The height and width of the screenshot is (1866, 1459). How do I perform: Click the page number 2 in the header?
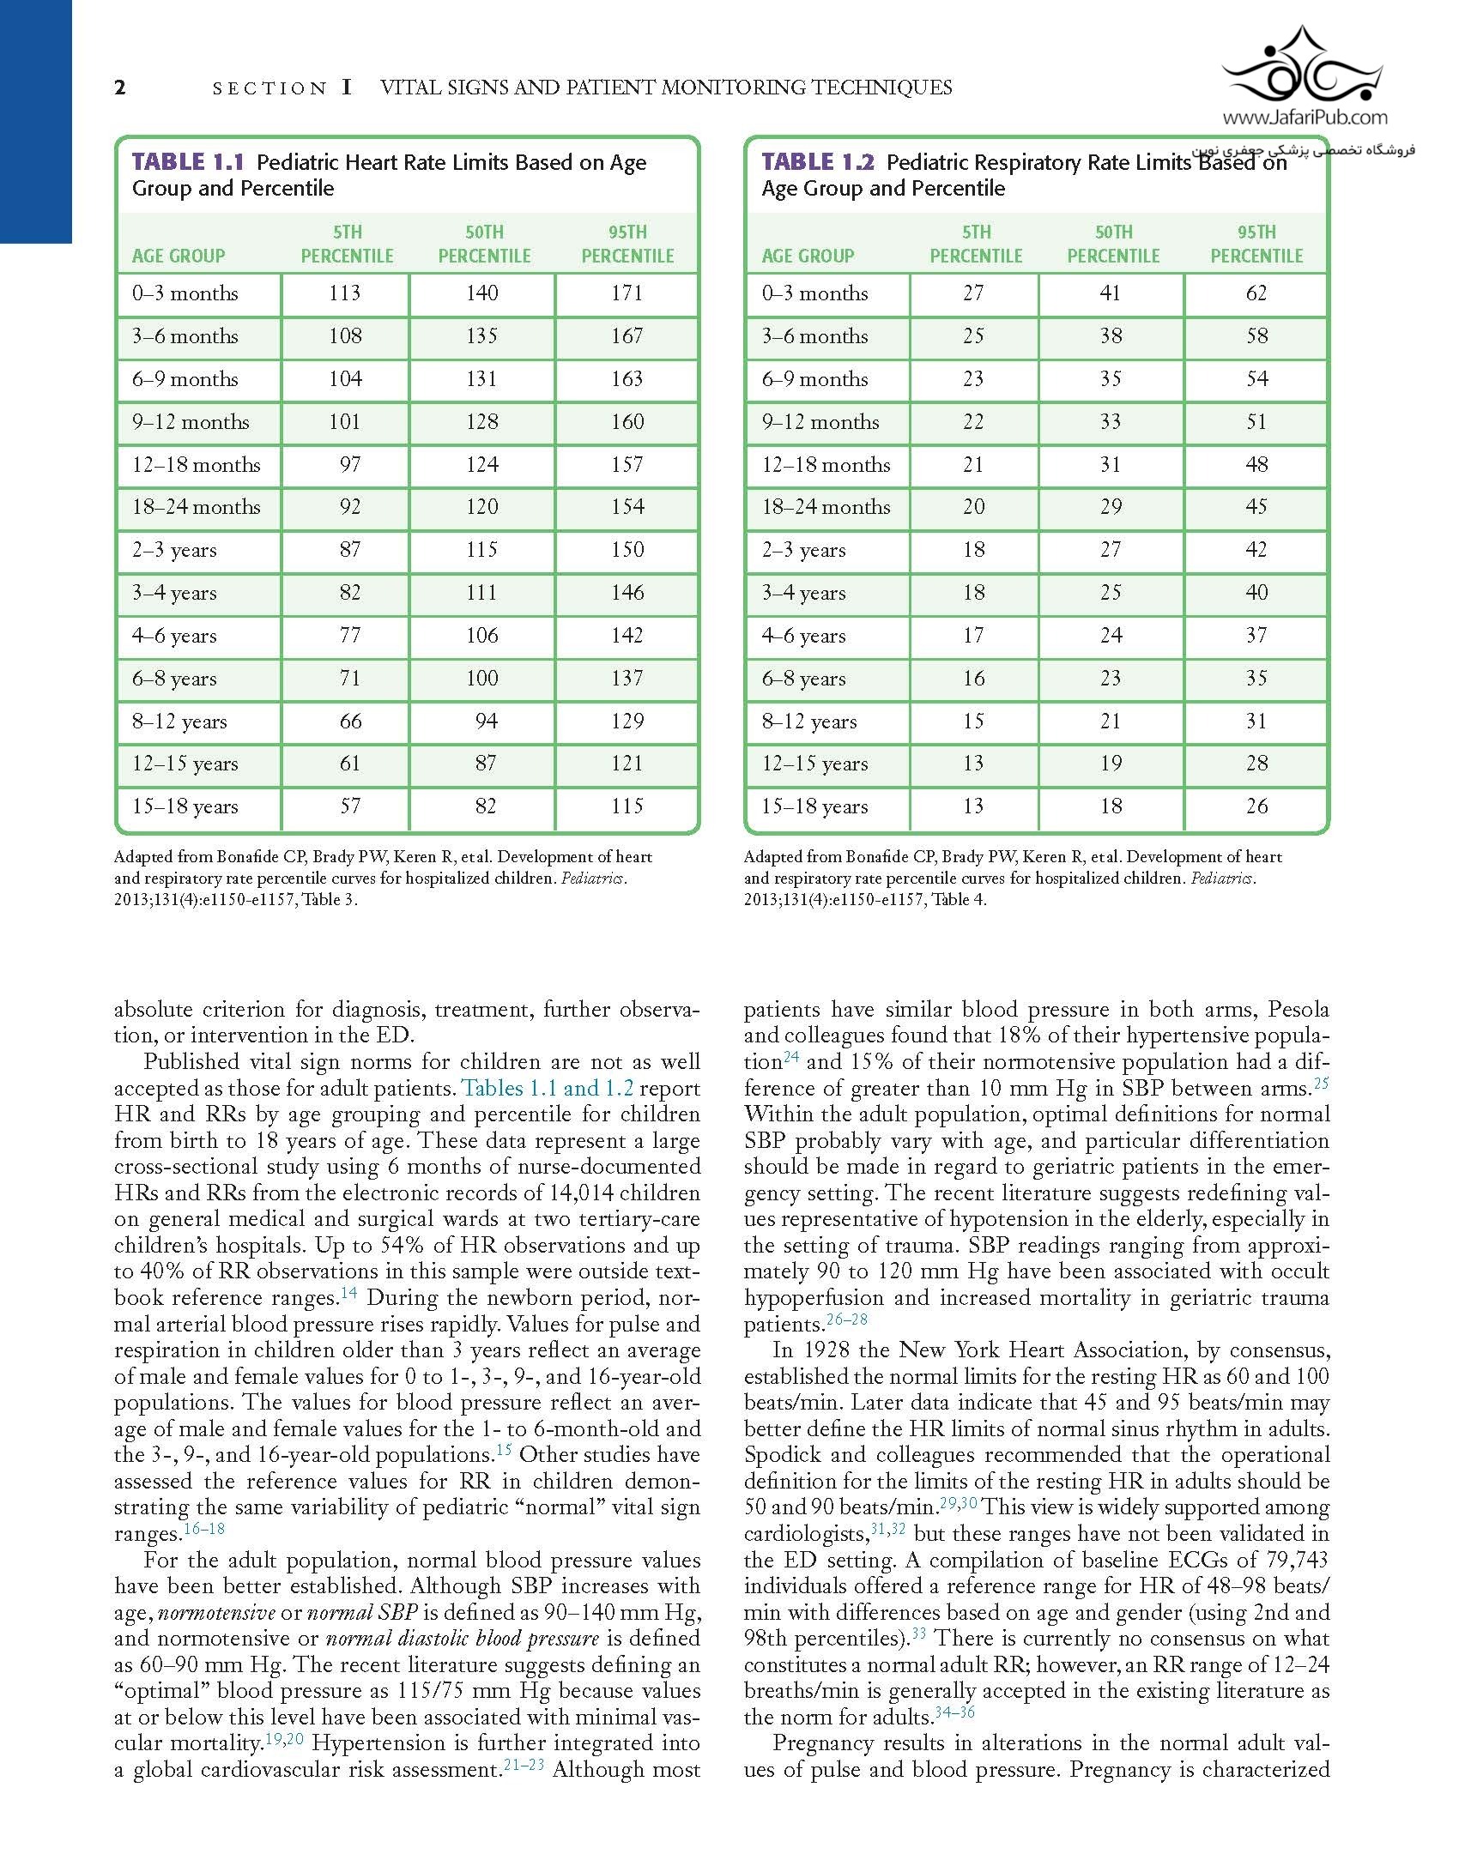(x=120, y=88)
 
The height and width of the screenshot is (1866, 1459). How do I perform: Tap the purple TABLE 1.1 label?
(x=188, y=162)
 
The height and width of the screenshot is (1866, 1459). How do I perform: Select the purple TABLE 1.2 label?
(x=818, y=162)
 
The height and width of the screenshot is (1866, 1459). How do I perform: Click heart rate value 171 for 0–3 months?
(x=627, y=293)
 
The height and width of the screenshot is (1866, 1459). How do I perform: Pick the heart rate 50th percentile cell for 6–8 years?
(x=482, y=679)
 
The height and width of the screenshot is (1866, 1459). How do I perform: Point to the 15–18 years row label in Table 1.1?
(x=185, y=806)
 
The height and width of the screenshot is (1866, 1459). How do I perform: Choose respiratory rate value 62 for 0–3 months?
(x=1256, y=293)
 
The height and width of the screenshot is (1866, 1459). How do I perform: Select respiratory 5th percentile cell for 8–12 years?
(x=973, y=722)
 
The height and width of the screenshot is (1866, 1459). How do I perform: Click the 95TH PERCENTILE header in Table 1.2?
(x=1256, y=245)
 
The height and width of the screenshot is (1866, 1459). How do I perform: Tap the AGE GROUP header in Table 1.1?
(x=179, y=256)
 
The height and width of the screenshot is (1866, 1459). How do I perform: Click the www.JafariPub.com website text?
(x=1305, y=118)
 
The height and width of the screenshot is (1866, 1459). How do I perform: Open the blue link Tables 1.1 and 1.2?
(x=548, y=1089)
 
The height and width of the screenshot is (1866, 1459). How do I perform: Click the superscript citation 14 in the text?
(x=348, y=1292)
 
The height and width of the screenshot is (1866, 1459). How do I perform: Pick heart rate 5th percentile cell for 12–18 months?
(x=350, y=465)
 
